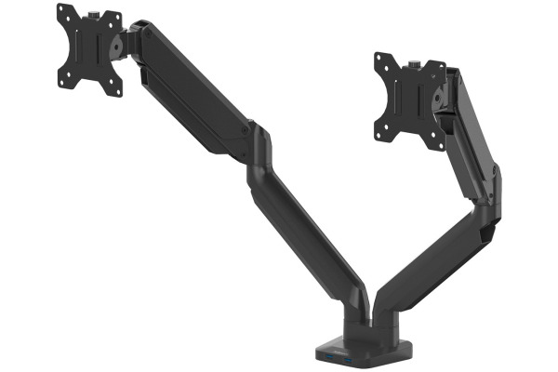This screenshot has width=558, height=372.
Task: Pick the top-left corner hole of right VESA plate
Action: (380, 60)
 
